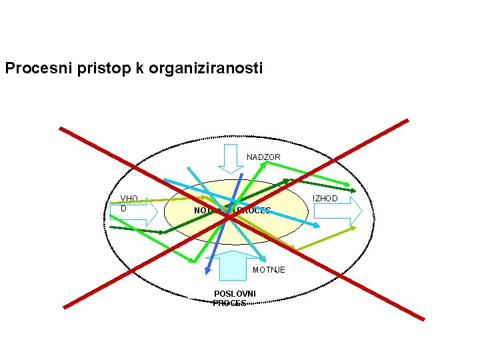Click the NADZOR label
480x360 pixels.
tap(263, 157)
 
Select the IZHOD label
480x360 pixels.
tap(325, 199)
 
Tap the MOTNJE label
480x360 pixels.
tap(269, 269)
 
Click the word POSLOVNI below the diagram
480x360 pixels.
tap(234, 294)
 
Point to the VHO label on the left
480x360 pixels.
tap(129, 199)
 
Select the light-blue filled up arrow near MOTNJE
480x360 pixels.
tap(233, 265)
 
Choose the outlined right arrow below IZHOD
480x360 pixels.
tap(337, 211)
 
